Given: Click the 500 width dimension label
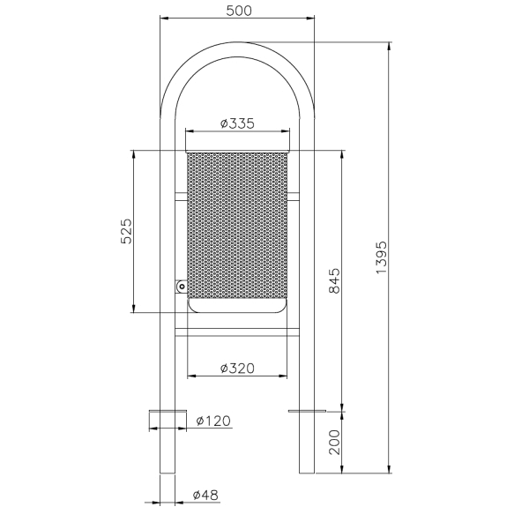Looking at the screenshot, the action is click(239, 11).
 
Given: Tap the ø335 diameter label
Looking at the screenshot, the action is click(237, 123).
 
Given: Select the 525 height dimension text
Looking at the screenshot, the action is click(126, 231).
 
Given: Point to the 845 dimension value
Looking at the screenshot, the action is click(335, 280).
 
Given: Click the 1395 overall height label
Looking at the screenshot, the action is click(381, 257).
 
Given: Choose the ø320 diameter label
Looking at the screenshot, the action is click(237, 369).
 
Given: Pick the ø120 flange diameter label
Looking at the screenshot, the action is click(213, 421).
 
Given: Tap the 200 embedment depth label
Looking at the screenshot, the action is click(335, 443).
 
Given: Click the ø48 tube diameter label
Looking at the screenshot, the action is click(205, 495).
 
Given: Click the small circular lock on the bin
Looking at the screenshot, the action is click(182, 287).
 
